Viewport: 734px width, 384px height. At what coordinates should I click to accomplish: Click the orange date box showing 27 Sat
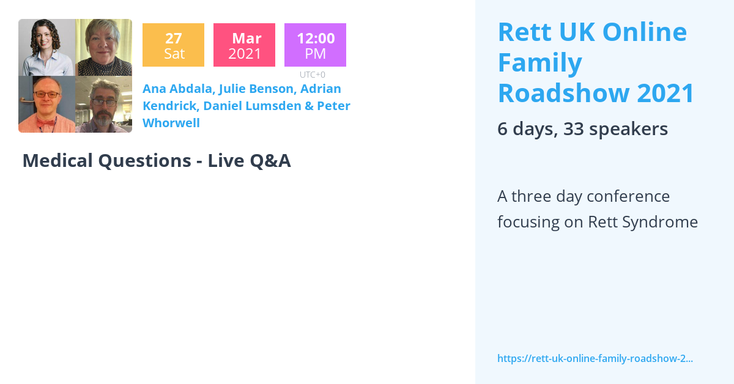[x=173, y=45]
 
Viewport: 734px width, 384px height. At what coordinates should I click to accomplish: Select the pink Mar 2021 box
[x=244, y=45]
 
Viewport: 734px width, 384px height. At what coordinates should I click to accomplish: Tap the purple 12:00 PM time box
[x=315, y=45]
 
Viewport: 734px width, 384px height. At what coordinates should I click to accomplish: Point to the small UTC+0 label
[x=312, y=75]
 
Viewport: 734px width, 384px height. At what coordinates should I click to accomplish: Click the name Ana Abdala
[x=177, y=89]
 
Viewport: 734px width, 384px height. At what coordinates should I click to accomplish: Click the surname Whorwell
[x=171, y=123]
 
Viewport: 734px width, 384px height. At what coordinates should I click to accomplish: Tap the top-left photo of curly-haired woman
[x=46, y=48]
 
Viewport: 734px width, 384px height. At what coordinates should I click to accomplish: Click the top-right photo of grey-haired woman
[x=103, y=48]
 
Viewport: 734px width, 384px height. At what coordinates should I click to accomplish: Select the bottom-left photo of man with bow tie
[x=46, y=104]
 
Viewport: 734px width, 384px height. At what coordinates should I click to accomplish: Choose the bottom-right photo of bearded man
[x=103, y=104]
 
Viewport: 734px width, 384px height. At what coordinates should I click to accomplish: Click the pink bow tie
[x=46, y=122]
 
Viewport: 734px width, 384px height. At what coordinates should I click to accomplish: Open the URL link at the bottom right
[x=595, y=358]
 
